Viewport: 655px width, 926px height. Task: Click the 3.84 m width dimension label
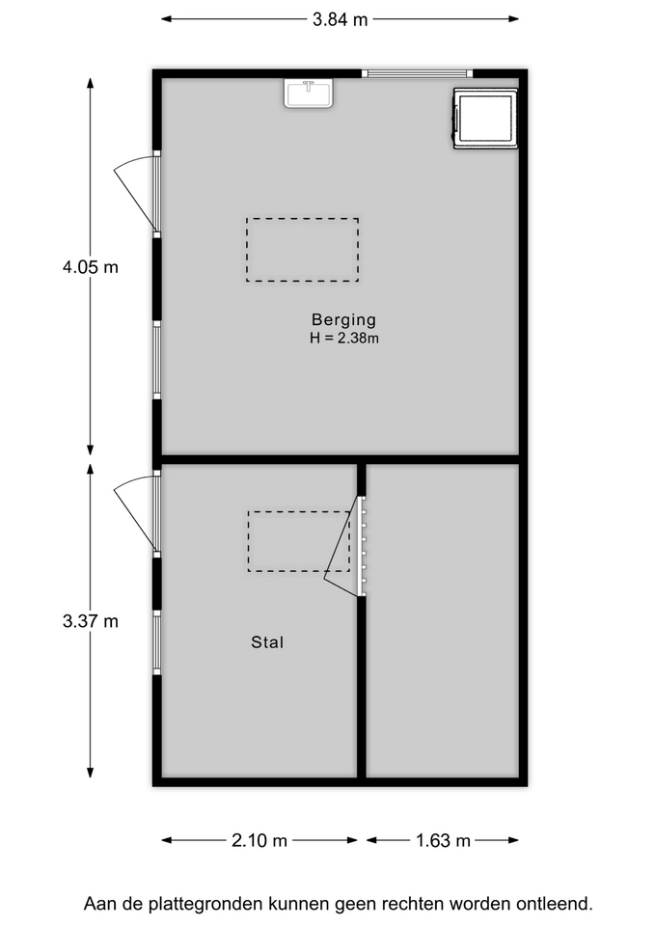(340, 19)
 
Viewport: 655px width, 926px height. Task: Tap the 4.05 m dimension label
(91, 267)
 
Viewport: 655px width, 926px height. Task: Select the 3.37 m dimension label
(91, 620)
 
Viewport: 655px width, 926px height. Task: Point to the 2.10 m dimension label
(259, 840)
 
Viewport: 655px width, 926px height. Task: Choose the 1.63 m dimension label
(443, 840)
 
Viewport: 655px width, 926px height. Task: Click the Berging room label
(343, 319)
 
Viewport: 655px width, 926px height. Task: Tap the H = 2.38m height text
(344, 338)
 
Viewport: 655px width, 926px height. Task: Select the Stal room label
(267, 642)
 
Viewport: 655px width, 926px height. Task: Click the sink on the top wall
(309, 93)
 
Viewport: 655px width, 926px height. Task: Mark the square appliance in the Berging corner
(485, 118)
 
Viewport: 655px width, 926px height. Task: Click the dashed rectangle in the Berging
(302, 249)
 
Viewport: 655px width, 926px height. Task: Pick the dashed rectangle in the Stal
(299, 541)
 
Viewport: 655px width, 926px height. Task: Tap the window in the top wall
(417, 74)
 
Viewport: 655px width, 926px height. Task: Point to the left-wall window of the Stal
(157, 642)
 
